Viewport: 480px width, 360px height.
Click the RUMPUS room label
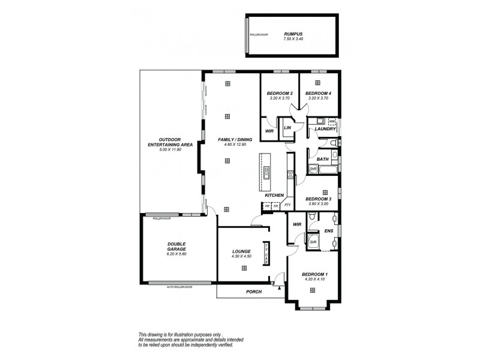pos(293,34)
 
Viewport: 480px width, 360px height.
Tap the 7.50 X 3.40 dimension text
pos(293,39)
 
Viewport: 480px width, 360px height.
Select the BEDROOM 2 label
pos(280,94)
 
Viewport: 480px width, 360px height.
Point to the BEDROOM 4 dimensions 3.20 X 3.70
pos(318,99)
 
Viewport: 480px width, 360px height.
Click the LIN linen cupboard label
pos(287,128)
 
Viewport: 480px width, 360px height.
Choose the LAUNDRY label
pos(325,129)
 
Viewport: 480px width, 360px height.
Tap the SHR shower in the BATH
pos(313,170)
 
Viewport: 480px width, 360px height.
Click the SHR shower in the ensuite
pos(313,242)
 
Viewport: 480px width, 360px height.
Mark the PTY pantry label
pos(287,206)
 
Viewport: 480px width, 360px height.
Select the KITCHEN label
pos(274,196)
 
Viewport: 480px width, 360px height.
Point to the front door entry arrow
pos(280,287)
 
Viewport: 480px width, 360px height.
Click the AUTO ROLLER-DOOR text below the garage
pos(179,287)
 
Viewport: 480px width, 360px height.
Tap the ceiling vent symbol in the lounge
pos(244,267)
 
